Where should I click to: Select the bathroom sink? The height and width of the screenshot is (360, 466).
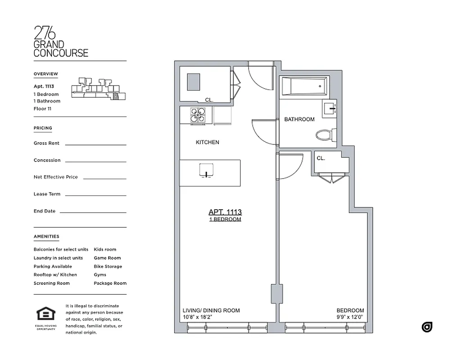click(330, 108)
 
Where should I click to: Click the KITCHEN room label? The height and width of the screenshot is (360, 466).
click(207, 142)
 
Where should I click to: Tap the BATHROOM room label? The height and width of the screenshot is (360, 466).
click(299, 119)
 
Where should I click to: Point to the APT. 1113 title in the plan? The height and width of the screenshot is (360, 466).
click(225, 212)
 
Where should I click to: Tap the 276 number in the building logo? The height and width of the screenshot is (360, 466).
click(45, 34)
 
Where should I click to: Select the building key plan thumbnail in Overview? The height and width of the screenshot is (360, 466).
click(99, 88)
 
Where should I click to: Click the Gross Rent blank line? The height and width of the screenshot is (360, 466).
click(95, 144)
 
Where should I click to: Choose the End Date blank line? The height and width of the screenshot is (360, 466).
click(93, 212)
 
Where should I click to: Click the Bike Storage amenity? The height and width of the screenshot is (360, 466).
click(108, 266)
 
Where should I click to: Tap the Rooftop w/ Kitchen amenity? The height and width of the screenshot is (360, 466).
click(55, 274)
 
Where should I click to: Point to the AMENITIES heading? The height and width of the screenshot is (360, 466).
click(46, 236)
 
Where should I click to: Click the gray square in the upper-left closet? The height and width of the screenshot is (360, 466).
click(194, 82)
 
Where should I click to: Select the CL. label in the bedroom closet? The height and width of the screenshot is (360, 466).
click(321, 158)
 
